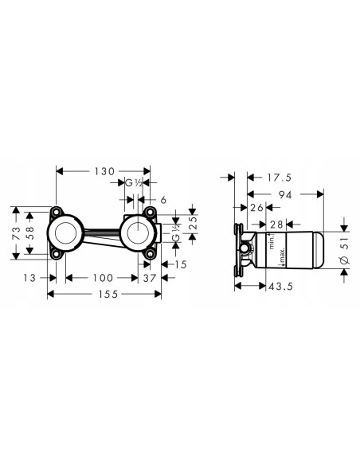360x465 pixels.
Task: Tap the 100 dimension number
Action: coord(102,277)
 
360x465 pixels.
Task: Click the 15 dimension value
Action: coord(181,264)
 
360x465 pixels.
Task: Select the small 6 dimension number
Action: coord(163,201)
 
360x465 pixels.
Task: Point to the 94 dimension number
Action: coord(284,193)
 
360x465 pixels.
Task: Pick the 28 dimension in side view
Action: coord(278,224)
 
